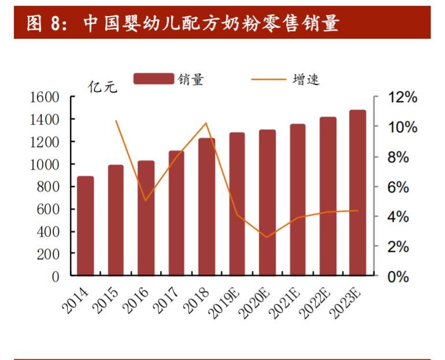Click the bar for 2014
point(86,226)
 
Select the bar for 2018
point(207,207)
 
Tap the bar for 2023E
point(358,193)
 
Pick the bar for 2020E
point(267,203)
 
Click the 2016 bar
point(146,218)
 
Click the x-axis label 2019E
point(226,300)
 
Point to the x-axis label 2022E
point(317,300)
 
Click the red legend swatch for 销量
point(153,79)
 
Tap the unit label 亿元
point(102,87)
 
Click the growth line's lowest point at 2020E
point(267,237)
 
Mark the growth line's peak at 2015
point(116,121)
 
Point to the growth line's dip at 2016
point(146,201)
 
